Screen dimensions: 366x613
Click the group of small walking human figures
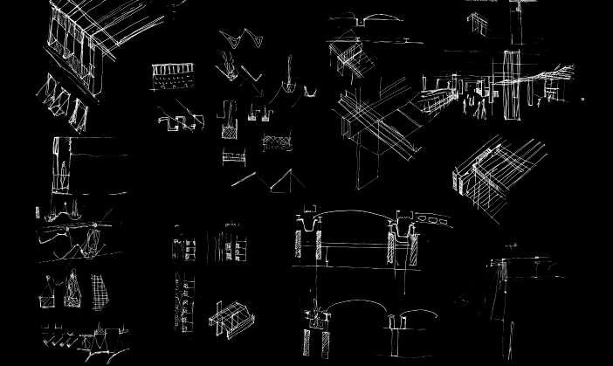pos(477,105)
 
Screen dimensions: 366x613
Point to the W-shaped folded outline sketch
pos(235,40)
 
